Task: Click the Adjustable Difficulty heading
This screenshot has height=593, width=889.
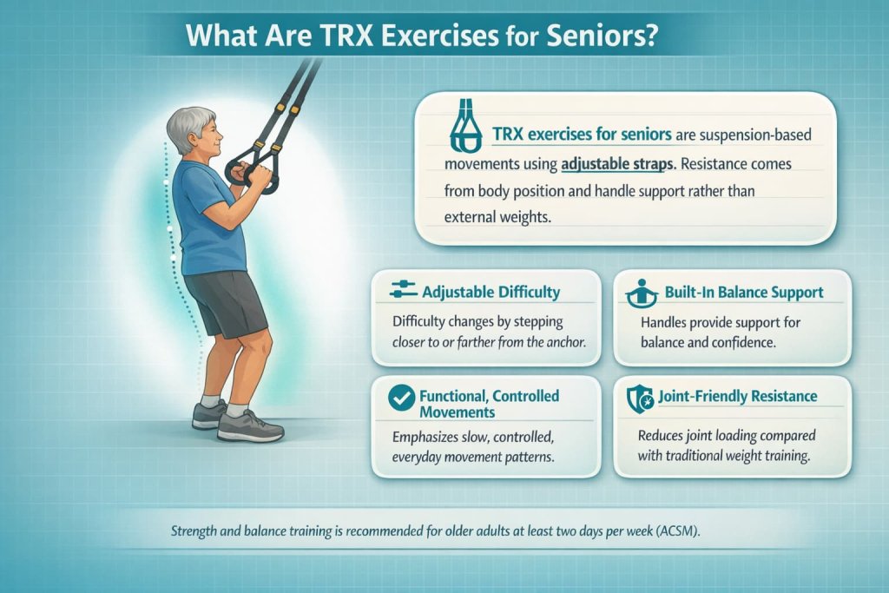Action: click(491, 292)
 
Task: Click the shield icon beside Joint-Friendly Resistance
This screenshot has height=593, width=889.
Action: click(640, 398)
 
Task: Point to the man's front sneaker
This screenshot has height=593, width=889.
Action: click(249, 425)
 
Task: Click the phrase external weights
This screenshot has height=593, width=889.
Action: click(497, 217)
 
